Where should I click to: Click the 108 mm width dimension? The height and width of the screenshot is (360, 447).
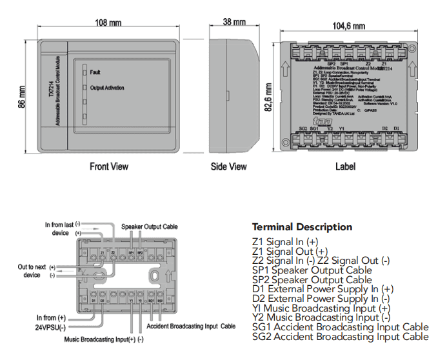[107, 23]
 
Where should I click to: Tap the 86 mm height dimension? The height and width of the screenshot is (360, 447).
[21, 97]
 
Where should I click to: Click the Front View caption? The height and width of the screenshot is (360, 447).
[108, 166]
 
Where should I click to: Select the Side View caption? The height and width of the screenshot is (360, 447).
[229, 166]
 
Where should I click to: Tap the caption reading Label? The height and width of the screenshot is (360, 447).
[345, 166]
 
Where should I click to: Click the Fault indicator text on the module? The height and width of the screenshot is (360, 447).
[95, 73]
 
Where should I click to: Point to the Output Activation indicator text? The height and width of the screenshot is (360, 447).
[107, 88]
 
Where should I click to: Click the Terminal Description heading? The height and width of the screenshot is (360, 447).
[302, 227]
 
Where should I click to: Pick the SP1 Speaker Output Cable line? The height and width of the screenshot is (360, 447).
[312, 270]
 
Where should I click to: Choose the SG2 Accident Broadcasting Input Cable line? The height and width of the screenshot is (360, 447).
[340, 337]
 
